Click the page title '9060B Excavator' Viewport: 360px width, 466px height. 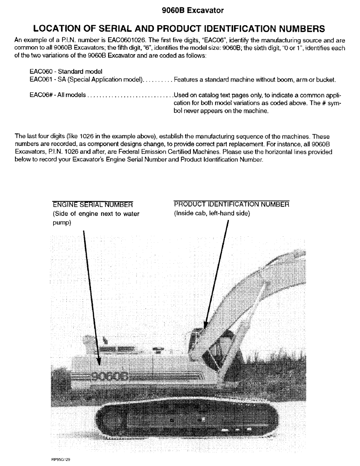click(x=180, y=9)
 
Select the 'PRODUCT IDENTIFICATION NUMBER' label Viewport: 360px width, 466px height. click(x=231, y=204)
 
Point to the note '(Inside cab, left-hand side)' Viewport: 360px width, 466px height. click(x=212, y=213)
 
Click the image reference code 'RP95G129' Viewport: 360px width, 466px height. click(x=61, y=459)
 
